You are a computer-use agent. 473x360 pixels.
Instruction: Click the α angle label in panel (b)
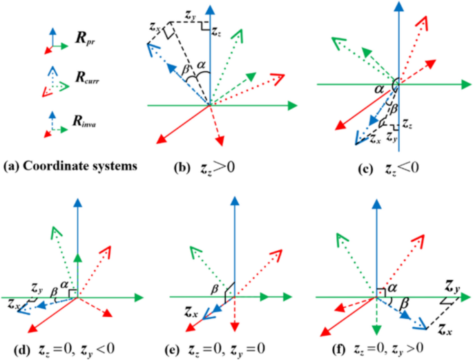(x=202, y=65)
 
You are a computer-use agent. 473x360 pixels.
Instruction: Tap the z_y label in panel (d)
(x=37, y=285)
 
